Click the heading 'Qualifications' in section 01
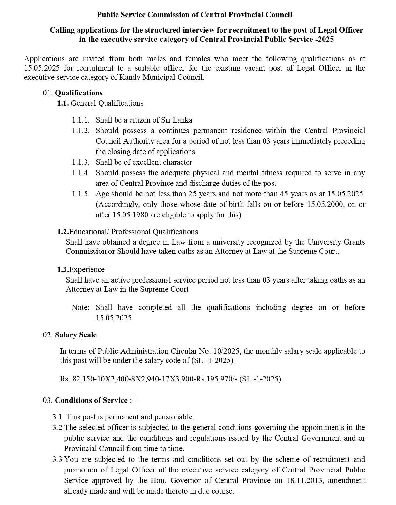(78, 93)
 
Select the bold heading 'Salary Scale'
(76, 335)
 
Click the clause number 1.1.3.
(81, 162)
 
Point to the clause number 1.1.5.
(81, 194)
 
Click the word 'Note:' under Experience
(80, 307)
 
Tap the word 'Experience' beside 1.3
(87, 269)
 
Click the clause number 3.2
(57, 427)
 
